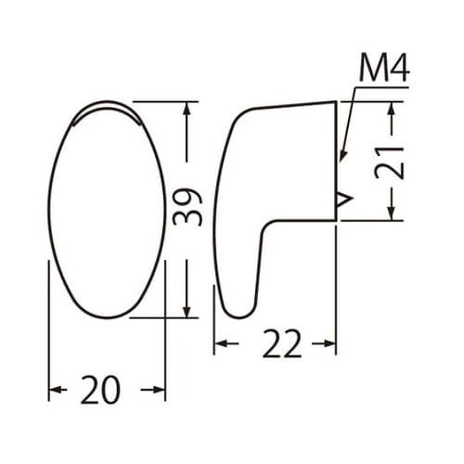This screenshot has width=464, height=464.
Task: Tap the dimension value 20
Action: pos(100,391)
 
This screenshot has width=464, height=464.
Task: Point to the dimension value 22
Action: pos(276,345)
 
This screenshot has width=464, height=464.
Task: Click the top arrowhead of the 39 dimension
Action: pos(187,108)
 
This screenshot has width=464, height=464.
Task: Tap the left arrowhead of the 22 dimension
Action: pos(221,345)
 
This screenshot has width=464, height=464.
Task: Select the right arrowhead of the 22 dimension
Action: pos(329,345)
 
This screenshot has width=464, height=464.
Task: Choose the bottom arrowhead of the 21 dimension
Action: pos(393,213)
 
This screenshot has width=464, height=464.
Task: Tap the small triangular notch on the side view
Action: pos(343,197)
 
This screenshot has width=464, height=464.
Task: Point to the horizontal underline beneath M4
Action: pos(376,88)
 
